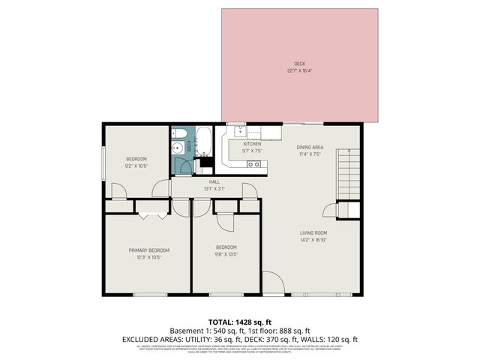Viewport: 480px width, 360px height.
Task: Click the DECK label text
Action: tap(300, 64)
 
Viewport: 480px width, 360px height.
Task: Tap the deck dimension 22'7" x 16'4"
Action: tap(300, 71)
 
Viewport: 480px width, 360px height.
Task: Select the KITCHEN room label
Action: tap(252, 144)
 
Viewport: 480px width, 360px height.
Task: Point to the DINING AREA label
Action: tap(310, 147)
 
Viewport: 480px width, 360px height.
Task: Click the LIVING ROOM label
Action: tap(313, 232)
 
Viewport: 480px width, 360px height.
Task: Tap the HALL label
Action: tap(214, 181)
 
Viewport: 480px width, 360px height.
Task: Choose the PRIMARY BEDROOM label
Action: tap(148, 250)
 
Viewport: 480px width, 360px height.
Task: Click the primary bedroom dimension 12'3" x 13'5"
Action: tap(148, 257)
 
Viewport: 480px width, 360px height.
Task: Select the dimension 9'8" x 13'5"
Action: tap(226, 254)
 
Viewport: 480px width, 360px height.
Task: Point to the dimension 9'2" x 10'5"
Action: tap(136, 166)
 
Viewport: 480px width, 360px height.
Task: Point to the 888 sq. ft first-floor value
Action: tap(294, 330)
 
